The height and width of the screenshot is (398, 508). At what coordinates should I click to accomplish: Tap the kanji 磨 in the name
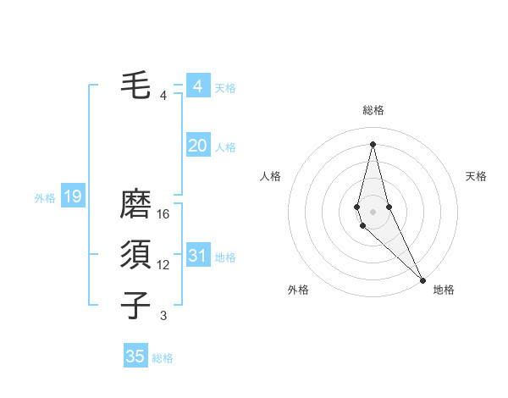[x=135, y=205]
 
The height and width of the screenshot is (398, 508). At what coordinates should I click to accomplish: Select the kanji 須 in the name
[x=135, y=256]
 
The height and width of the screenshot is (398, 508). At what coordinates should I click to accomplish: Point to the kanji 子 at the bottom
[x=135, y=306]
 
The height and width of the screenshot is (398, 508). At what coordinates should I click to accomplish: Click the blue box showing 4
[x=197, y=86]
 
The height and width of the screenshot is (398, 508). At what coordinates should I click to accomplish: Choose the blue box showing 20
[x=197, y=146]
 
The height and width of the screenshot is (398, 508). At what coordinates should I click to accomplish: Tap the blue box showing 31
[x=197, y=256]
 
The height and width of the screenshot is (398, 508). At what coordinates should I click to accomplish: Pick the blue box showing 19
[x=72, y=197]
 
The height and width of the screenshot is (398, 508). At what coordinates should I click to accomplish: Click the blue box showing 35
[x=135, y=357]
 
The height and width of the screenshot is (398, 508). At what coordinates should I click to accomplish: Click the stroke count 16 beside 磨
[x=163, y=214]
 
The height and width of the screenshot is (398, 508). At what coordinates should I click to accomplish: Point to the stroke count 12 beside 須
[x=163, y=265]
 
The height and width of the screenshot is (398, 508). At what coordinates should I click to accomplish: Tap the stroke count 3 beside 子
[x=163, y=316]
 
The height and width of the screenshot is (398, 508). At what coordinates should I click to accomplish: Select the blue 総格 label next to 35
[x=163, y=358]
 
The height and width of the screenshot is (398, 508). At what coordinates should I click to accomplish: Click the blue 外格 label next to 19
[x=45, y=198]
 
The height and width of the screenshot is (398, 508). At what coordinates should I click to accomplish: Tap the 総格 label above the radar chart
[x=373, y=110]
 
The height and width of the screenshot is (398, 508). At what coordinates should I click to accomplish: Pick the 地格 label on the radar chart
[x=444, y=290]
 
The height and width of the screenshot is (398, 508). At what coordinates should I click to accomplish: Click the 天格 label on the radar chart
[x=476, y=176]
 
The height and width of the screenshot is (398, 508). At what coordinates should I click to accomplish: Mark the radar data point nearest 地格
[x=422, y=279]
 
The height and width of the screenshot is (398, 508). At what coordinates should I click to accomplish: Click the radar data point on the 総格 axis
[x=373, y=143]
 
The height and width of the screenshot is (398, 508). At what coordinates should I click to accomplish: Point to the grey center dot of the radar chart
[x=373, y=211]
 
